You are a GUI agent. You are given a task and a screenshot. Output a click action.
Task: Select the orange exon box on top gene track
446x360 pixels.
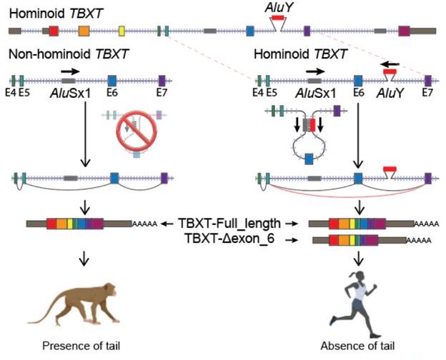coord(84,31)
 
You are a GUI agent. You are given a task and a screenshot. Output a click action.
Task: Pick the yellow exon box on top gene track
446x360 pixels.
coord(122,31)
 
